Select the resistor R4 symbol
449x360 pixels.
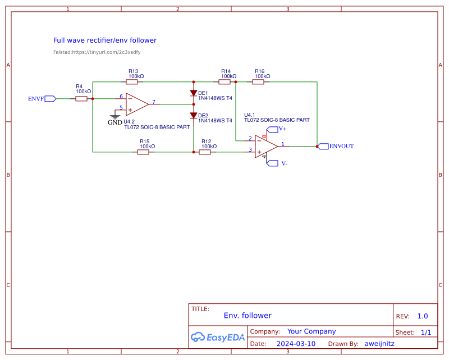81,99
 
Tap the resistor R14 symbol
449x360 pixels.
224,82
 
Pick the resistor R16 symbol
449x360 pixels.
258,82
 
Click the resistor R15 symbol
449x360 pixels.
143,152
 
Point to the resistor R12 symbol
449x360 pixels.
205,152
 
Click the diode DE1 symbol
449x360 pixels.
194,93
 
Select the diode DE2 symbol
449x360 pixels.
194,116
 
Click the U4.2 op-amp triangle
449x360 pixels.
136,104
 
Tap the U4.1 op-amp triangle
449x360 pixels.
265,145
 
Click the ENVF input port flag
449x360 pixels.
51,99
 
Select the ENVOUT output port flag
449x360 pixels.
323,146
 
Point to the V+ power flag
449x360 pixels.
272,129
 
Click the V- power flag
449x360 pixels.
272,163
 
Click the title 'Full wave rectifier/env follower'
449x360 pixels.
104,40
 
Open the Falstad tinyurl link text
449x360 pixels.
97,52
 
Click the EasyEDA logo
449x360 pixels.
218,337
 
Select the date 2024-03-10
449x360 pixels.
296,344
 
